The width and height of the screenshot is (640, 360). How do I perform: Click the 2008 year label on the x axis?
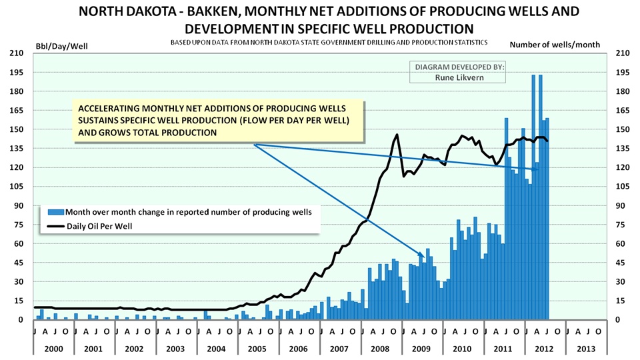[381, 348]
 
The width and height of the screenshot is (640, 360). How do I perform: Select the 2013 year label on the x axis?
[586, 348]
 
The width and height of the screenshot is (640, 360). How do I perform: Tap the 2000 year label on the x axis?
[53, 348]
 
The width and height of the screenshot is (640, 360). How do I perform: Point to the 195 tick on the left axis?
[15, 72]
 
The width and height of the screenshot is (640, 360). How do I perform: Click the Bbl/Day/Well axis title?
[61, 45]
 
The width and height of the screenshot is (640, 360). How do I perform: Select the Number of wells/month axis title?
[555, 45]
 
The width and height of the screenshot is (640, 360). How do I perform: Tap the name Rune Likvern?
[460, 77]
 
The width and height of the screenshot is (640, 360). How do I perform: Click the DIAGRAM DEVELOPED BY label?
[460, 67]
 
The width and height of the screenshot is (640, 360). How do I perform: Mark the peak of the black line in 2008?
[397, 134]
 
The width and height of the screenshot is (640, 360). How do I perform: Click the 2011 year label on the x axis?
[504, 348]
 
